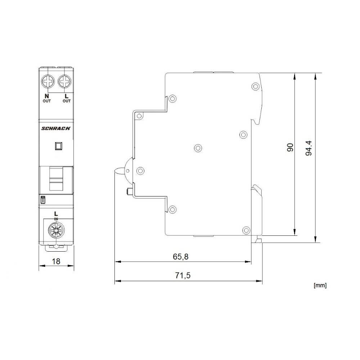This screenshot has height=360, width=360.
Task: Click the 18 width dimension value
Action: pos(56,262)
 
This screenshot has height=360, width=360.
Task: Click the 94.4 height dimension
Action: pos(309,148)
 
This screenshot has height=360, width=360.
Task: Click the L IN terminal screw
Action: pos(56,229)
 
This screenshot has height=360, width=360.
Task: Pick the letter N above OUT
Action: pos(46,96)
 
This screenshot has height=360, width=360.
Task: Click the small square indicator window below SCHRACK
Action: pos(58,146)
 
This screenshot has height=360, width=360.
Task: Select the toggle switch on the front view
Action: pos(56,179)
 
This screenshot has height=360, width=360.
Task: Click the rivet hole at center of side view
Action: pos(198,148)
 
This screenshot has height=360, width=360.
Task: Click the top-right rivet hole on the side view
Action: pos(255,86)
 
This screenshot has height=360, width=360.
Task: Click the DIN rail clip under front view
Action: pos(56,247)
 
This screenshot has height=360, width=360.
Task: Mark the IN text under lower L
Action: pos(56,219)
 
